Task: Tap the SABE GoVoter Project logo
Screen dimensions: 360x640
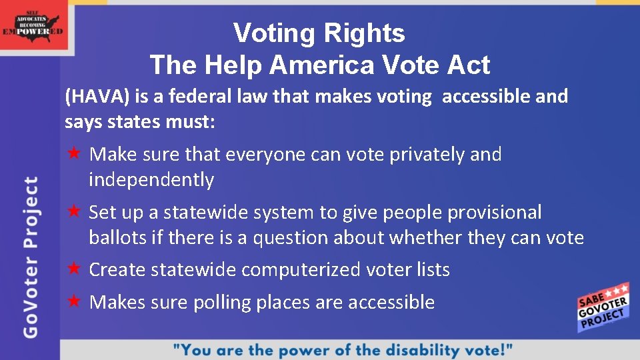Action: tap(603, 308)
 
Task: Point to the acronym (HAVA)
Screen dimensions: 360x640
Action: tap(97, 97)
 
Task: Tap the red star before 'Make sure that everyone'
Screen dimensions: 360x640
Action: tap(75, 154)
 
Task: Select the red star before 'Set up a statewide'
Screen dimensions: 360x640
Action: tap(75, 212)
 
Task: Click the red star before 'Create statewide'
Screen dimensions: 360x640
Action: tap(75, 269)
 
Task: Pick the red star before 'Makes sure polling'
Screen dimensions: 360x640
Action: tap(75, 301)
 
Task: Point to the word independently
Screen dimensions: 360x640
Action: tap(151, 180)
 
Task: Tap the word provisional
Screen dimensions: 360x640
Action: tap(494, 213)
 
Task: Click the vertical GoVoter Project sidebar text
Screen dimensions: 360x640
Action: tap(31, 257)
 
